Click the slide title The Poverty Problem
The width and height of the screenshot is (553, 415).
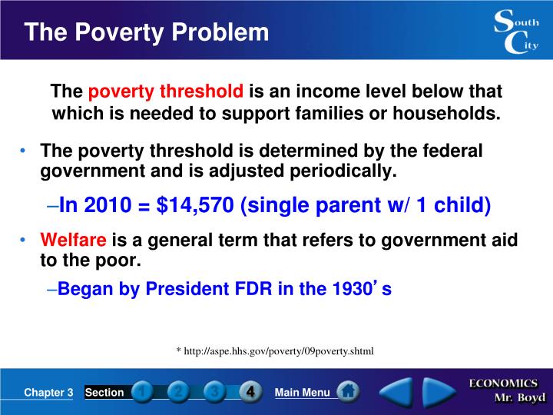click(146, 33)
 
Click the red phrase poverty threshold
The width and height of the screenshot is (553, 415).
click(166, 93)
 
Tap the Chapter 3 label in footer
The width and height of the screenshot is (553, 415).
click(48, 393)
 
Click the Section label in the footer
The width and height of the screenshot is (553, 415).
click(104, 393)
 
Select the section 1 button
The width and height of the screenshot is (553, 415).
click(143, 392)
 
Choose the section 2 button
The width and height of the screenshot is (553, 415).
click(179, 392)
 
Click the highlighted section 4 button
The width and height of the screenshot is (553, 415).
click(250, 392)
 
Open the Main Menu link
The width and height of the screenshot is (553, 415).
click(302, 393)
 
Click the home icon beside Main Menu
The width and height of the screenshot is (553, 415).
click(348, 392)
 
